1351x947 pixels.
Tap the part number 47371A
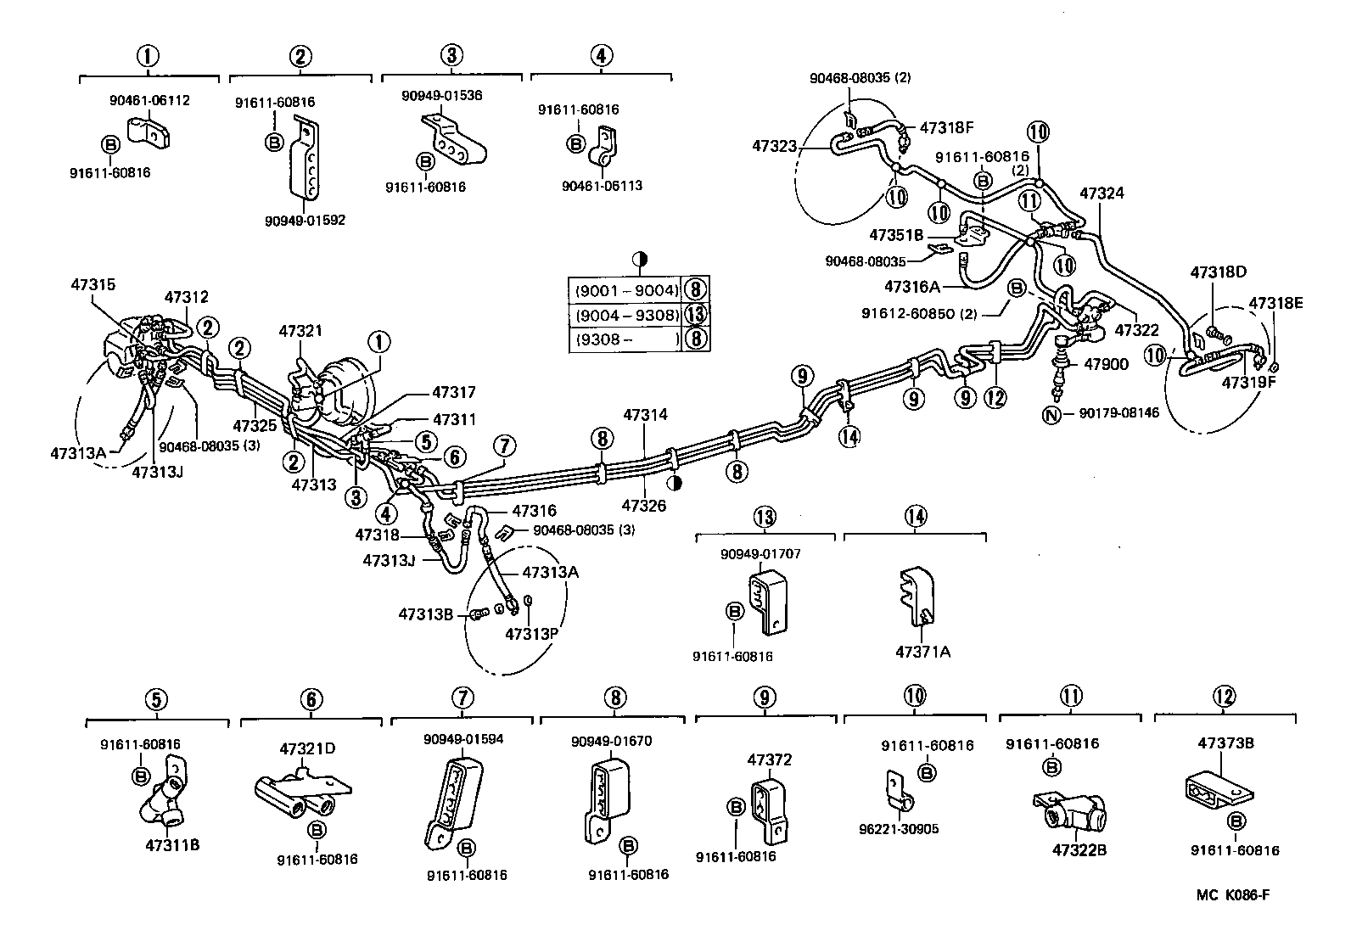[x=922, y=653]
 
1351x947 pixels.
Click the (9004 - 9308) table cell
[x=627, y=315]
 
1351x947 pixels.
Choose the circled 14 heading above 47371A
[x=915, y=515]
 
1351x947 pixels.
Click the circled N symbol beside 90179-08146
[x=1052, y=415]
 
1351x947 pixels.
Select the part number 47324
[x=1101, y=193]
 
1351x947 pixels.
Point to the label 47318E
[x=1274, y=303]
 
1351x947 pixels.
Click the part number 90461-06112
[x=149, y=100]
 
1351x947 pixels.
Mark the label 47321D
[x=307, y=748]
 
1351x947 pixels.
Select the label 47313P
[x=531, y=634]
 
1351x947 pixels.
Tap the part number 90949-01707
[x=761, y=554]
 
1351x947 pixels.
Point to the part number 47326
[x=644, y=506]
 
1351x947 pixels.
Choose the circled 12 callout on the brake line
[x=995, y=396]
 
